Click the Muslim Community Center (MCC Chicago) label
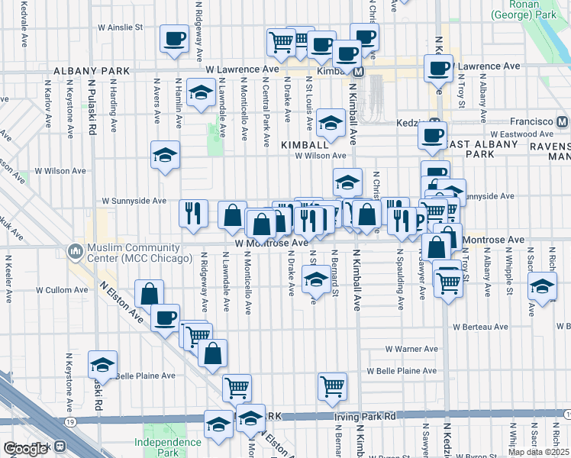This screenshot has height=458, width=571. (139, 253)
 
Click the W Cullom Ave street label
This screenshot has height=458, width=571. (63, 290)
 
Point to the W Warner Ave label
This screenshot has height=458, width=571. (411, 348)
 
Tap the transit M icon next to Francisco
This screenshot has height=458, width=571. (562, 121)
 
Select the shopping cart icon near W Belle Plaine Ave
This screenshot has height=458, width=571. (333, 386)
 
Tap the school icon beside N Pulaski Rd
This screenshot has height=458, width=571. (102, 365)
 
